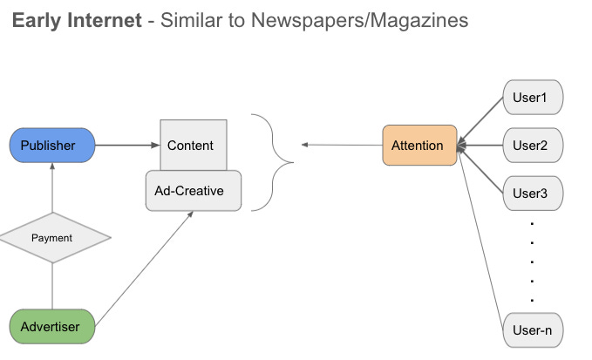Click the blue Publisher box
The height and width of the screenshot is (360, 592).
tap(51, 146)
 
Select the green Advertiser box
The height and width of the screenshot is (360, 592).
tap(51, 327)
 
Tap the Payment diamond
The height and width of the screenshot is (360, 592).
tap(51, 237)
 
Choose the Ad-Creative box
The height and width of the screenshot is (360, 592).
tap(192, 191)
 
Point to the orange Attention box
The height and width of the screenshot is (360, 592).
tap(419, 146)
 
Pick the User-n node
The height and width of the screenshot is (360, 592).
tap(534, 331)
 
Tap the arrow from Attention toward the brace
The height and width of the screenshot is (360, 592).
tap(341, 146)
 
